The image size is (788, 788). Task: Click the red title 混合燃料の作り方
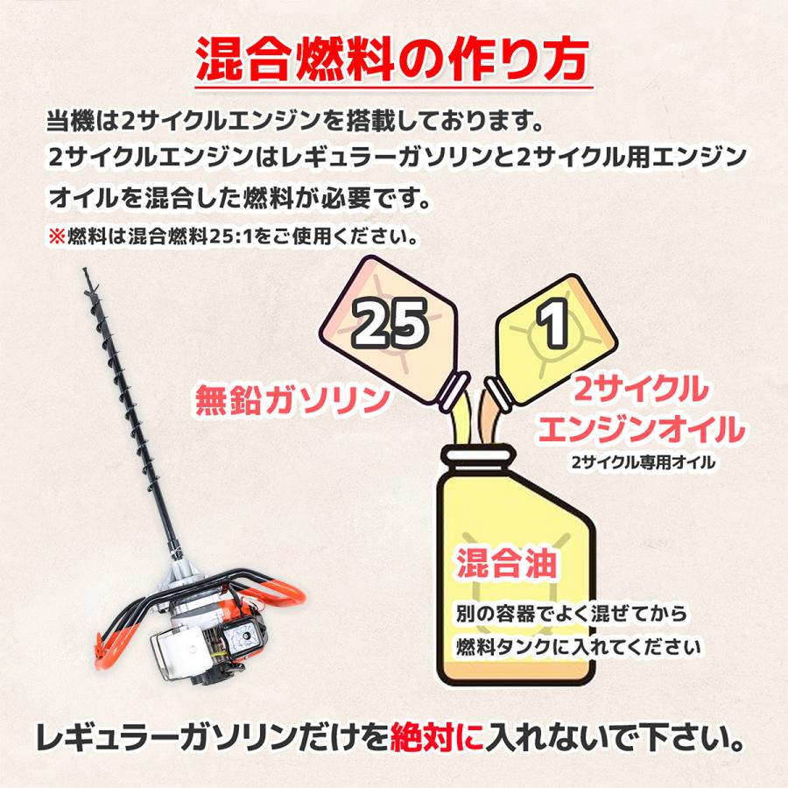(392, 60)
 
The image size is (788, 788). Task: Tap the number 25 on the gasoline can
(390, 322)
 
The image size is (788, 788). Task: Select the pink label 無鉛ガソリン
(292, 400)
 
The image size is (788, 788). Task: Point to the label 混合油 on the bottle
(507, 563)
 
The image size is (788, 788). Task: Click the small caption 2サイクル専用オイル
(644, 461)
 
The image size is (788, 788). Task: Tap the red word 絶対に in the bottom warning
(437, 737)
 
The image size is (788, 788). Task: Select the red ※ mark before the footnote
(57, 236)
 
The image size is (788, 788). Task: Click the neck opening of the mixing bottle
(478, 454)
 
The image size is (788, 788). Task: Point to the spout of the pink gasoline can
(453, 390)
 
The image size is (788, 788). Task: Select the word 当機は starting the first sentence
(83, 122)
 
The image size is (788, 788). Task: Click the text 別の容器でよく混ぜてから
(572, 614)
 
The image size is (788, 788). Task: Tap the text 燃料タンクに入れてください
(579, 647)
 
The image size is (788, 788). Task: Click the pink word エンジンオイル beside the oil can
(641, 429)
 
